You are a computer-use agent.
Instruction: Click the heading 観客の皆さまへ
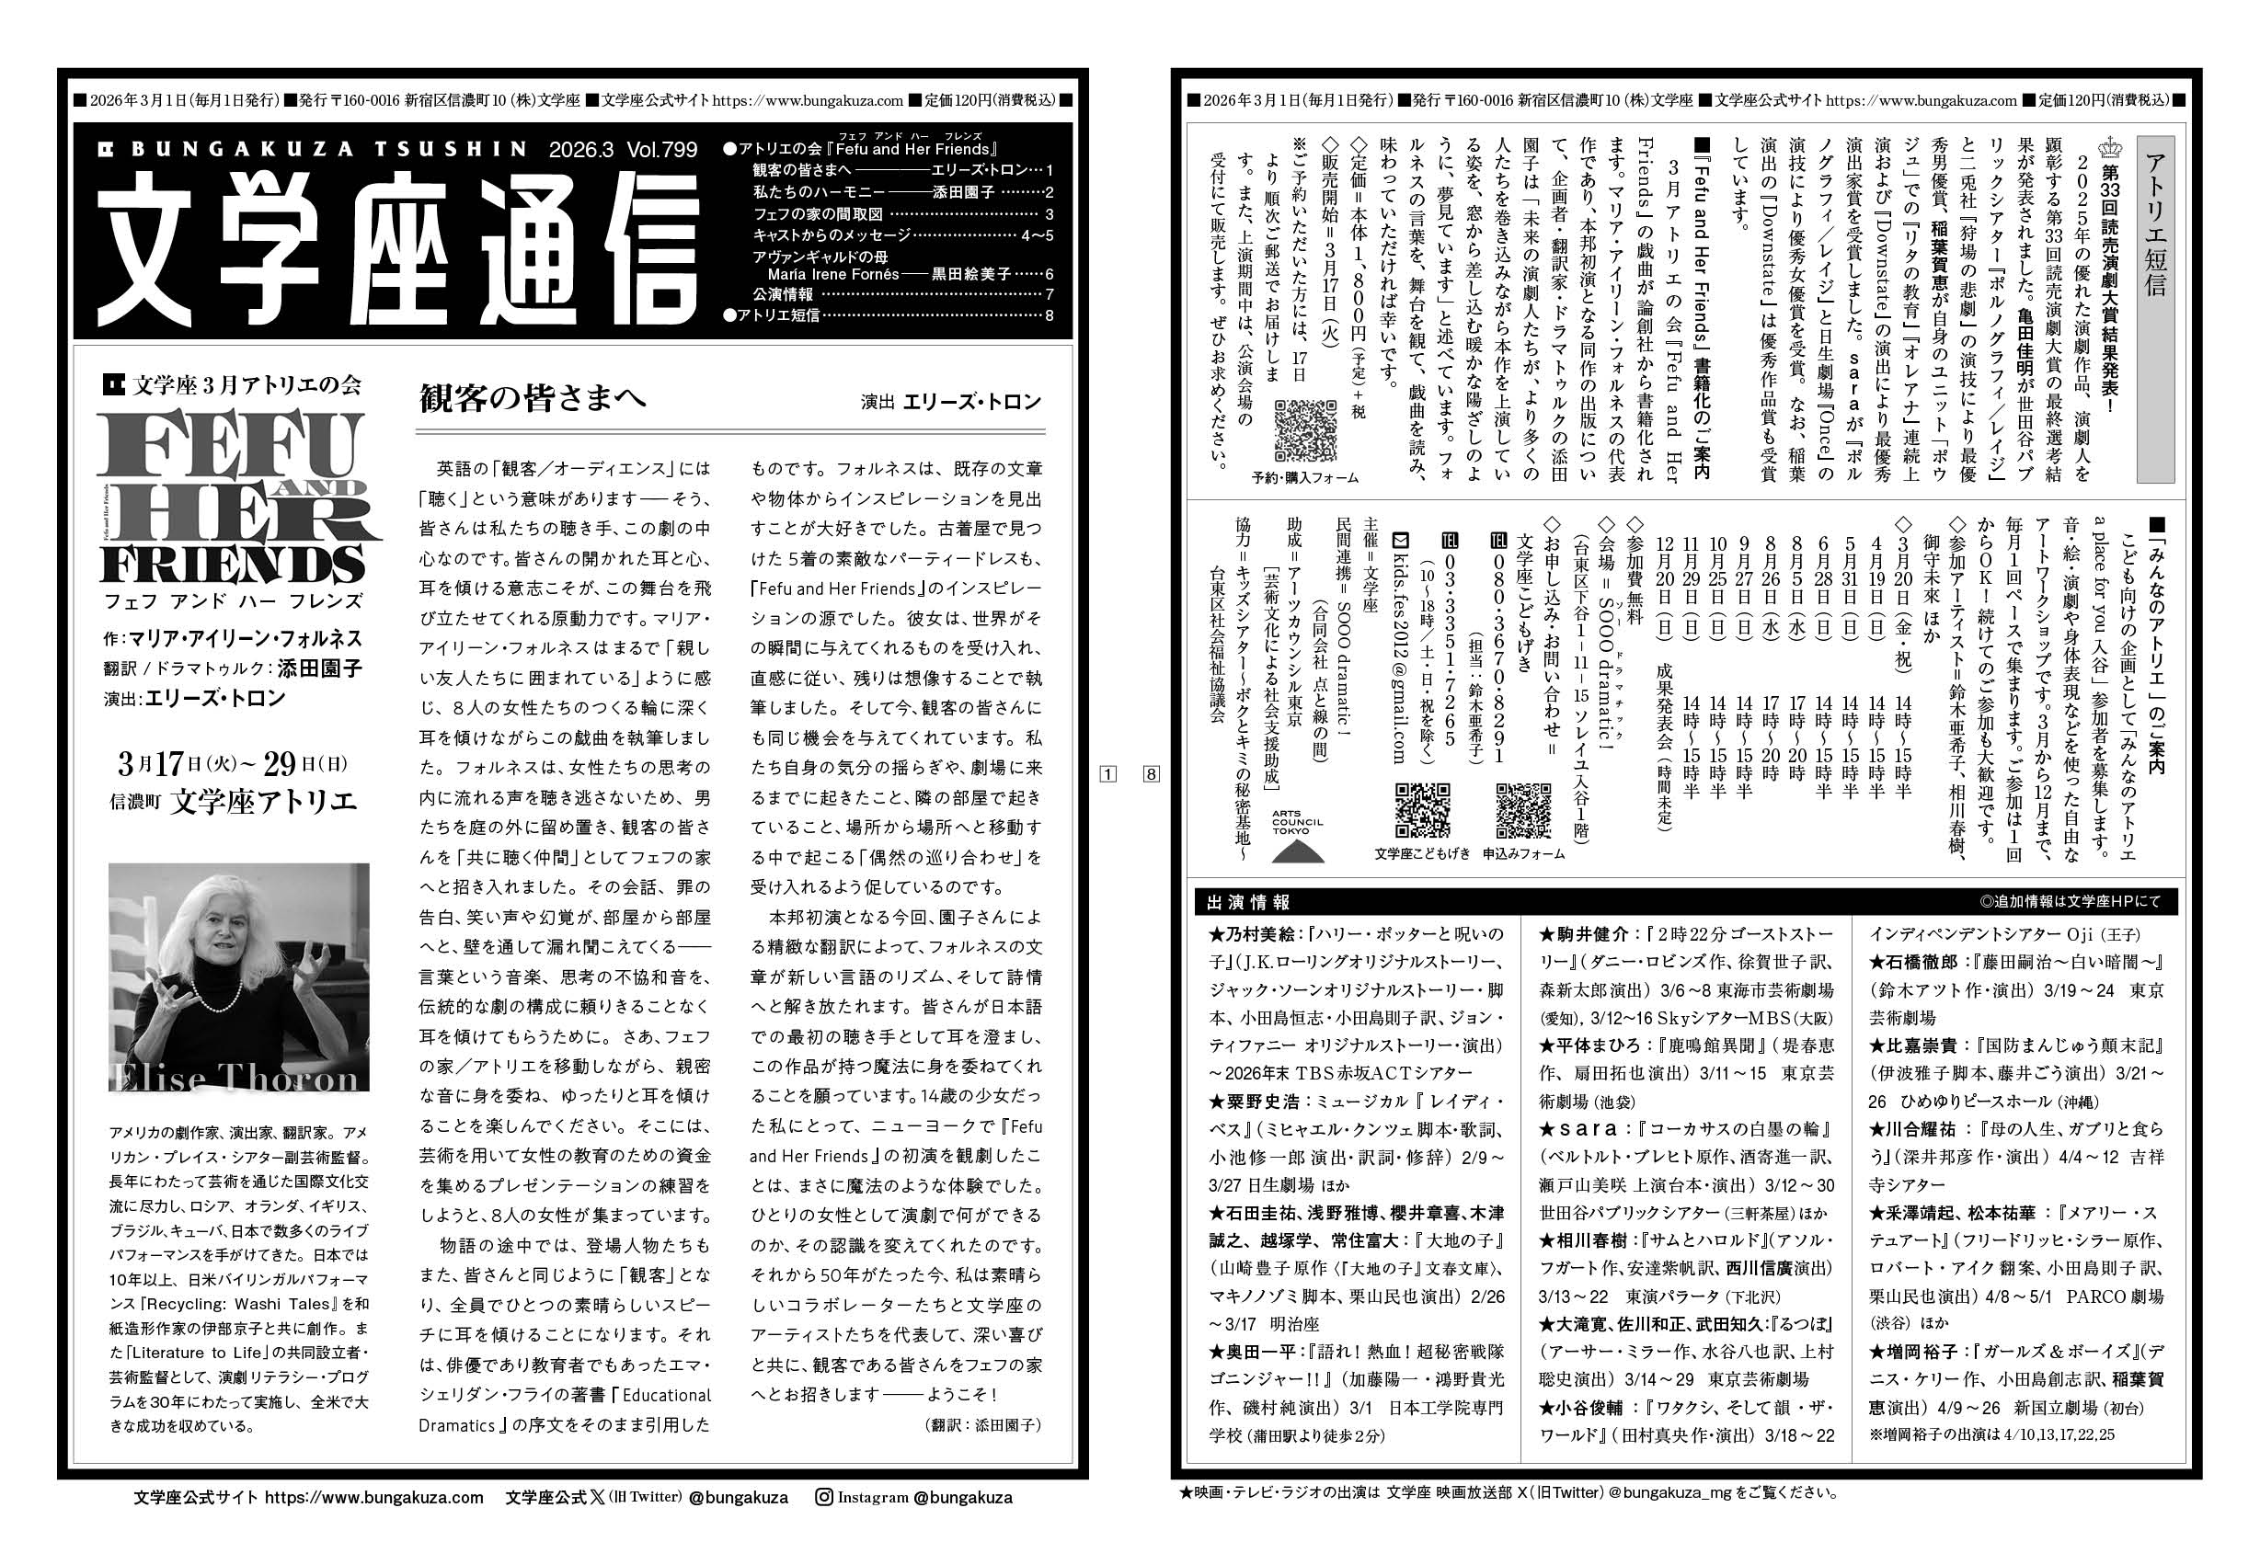pyautogui.click(x=532, y=400)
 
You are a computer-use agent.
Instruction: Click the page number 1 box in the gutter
pyautogui.click(x=1107, y=774)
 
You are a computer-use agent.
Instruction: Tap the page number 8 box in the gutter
pyautogui.click(x=1152, y=774)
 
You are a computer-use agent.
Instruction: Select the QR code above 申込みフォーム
pyautogui.click(x=1523, y=810)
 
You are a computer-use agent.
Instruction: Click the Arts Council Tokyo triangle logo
pyautogui.click(x=1296, y=850)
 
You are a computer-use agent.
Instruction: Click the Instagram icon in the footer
pyautogui.click(x=825, y=1497)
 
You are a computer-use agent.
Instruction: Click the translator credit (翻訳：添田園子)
pyautogui.click(x=983, y=1424)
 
